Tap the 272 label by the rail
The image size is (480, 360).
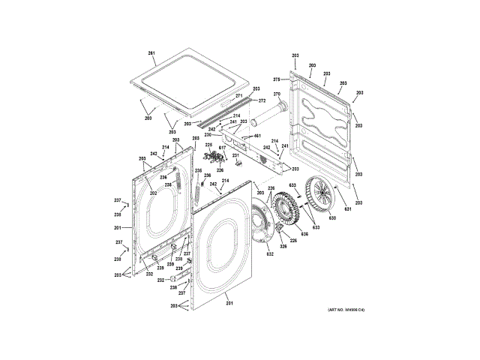click(262, 100)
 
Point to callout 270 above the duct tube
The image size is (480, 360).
click(275, 94)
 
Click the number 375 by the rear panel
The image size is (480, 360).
click(276, 79)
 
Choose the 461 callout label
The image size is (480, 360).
click(257, 136)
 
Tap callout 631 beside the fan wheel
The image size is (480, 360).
click(347, 208)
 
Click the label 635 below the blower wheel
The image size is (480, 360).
click(304, 234)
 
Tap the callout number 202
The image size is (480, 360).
click(152, 193)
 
